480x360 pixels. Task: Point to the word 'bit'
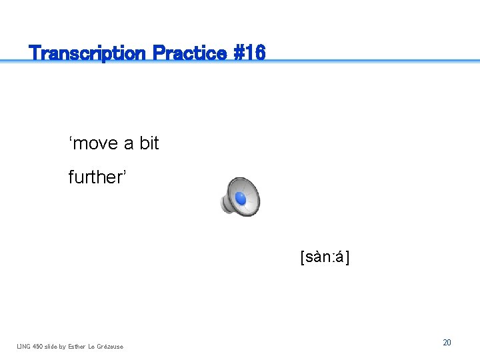pos(149,143)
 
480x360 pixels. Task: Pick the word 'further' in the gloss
pos(96,177)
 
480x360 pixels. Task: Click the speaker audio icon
pos(240,197)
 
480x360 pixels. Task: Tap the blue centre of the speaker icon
pos(241,198)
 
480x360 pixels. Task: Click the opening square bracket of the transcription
pos(303,257)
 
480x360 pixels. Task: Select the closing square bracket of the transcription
pos(348,257)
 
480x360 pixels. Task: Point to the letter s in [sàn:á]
pos(309,257)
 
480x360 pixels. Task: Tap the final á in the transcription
pos(340,257)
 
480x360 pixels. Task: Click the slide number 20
pos(447,342)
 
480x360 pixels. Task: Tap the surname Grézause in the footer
pos(110,346)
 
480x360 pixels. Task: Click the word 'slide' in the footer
pos(53,346)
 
